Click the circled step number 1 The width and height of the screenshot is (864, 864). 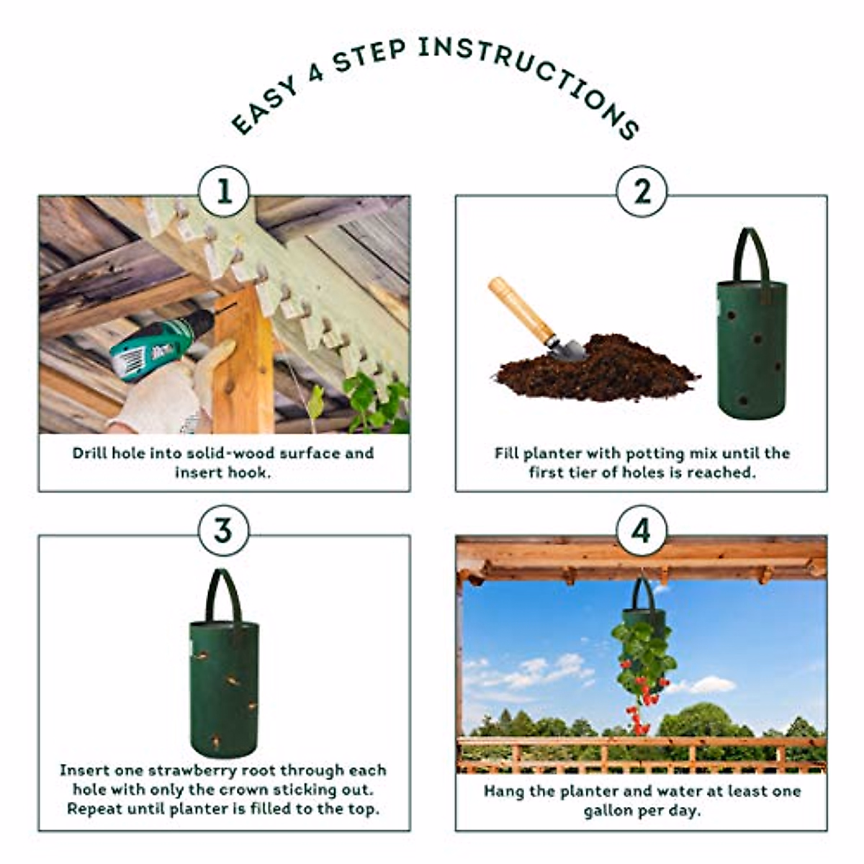(x=224, y=192)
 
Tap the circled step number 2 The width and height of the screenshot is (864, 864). (x=642, y=192)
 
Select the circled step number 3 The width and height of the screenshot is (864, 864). (x=224, y=531)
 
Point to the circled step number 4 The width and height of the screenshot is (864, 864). (x=642, y=531)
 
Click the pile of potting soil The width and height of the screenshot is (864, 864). (x=596, y=370)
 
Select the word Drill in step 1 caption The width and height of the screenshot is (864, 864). (x=90, y=453)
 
